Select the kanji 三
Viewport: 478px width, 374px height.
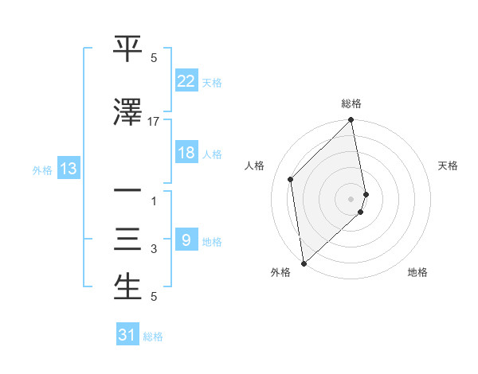point(127,240)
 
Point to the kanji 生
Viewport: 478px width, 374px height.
point(127,288)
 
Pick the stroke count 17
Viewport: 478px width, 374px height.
point(154,122)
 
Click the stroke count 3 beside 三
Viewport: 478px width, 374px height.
point(154,250)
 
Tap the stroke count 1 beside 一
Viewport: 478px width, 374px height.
point(154,201)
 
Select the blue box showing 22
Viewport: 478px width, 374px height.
point(186,80)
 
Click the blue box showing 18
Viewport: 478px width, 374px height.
point(186,153)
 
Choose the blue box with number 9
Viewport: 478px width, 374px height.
point(186,240)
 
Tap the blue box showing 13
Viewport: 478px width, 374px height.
point(68,169)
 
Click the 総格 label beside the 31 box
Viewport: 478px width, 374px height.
point(154,337)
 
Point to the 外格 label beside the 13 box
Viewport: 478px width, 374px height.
point(42,169)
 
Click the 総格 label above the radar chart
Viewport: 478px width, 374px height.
point(351,103)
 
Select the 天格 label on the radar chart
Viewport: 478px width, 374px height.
point(448,166)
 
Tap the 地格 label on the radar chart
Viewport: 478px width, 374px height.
point(417,272)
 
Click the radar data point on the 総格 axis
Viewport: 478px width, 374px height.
point(351,120)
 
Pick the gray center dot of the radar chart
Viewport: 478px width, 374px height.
point(351,198)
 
